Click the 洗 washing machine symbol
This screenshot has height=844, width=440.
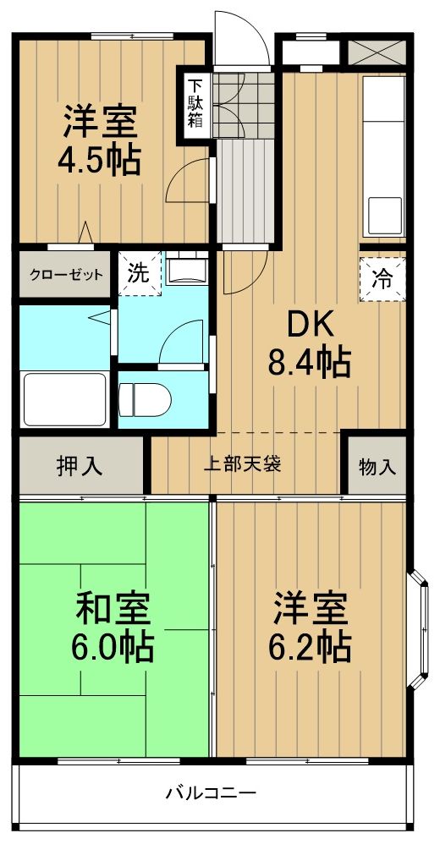point(138,274)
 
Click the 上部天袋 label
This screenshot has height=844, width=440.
point(244,463)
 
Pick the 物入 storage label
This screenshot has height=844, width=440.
point(376,466)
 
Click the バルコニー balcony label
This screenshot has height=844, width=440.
point(210,792)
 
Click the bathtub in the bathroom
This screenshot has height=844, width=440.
point(64,398)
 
